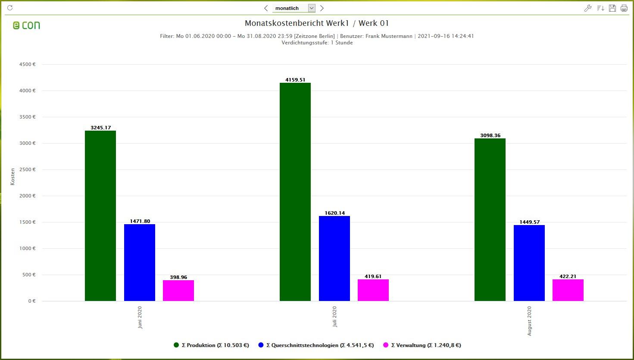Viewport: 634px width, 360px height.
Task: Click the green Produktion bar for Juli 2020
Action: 295,192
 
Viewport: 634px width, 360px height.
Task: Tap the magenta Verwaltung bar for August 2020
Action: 568,290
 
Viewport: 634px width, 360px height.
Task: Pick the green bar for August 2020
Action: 490,219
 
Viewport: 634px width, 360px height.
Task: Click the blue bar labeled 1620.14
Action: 334,258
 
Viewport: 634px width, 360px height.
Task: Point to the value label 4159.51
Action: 295,80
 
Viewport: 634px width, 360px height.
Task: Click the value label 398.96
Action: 178,277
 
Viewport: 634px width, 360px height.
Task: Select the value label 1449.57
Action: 529,222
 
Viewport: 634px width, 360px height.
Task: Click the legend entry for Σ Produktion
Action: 211,345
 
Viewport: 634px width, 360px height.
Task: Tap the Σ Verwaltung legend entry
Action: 422,345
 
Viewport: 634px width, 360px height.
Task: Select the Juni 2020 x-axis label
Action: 140,318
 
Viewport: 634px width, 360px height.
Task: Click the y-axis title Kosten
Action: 12,177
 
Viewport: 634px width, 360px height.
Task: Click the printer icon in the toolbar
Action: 624,8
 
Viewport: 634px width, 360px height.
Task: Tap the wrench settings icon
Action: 587,8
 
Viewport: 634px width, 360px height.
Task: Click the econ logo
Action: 26,25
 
